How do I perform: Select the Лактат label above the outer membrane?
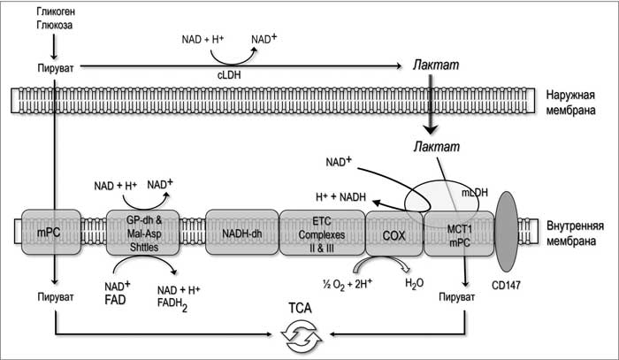point(432,65)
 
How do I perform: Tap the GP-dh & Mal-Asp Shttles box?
point(141,233)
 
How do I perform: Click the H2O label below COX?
point(415,283)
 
